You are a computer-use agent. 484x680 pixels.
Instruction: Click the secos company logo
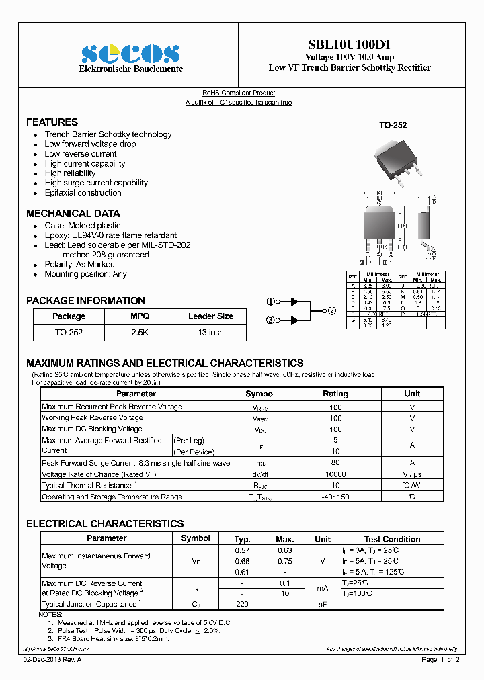(131, 54)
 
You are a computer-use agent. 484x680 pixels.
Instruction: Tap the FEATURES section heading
(52, 122)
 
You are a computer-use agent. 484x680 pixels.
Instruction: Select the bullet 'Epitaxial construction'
(83, 193)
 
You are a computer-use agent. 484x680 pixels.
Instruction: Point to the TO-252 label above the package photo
(393, 125)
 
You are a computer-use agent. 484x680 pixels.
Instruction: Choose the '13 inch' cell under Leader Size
(210, 332)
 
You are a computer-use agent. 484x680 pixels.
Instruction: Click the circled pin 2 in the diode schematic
(331, 310)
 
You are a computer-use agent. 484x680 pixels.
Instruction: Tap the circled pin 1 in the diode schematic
(270, 301)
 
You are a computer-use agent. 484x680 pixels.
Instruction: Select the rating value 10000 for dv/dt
(335, 474)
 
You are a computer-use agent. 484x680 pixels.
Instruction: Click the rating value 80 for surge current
(335, 463)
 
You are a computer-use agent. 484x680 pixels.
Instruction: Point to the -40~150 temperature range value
(335, 497)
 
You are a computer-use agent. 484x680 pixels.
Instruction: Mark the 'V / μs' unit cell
(412, 474)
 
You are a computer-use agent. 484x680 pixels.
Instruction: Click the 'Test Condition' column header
(392, 539)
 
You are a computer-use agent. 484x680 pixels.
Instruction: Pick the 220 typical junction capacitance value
(242, 605)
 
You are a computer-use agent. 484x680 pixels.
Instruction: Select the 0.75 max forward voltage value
(284, 561)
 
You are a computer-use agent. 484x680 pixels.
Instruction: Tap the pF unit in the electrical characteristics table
(323, 605)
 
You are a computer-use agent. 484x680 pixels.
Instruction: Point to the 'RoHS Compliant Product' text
(239, 93)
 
